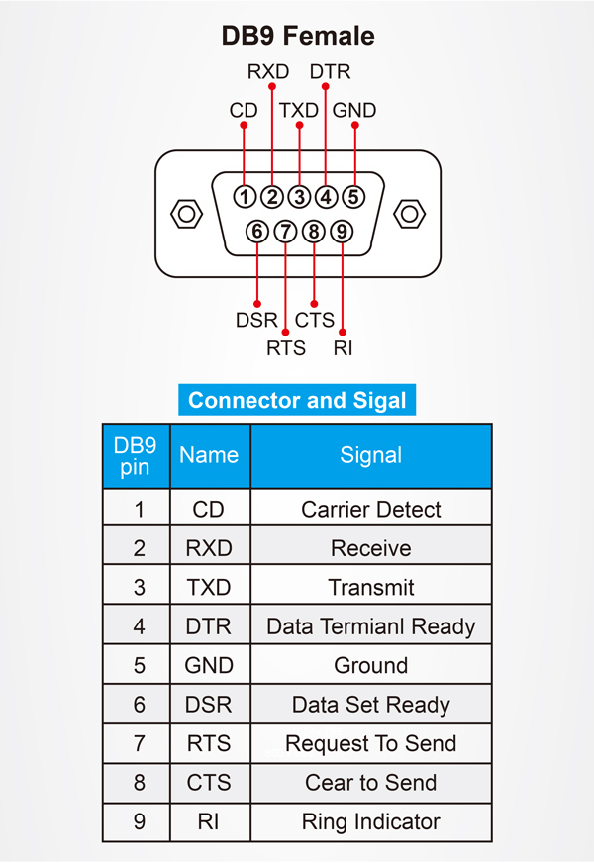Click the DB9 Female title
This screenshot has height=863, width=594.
[x=298, y=37]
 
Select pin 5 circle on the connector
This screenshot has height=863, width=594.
[x=353, y=196]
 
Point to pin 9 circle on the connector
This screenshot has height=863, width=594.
[x=342, y=232]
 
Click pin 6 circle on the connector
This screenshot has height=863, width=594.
[x=257, y=232]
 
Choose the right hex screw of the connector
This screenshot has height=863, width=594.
[x=409, y=213]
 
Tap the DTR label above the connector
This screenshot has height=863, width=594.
[x=330, y=72]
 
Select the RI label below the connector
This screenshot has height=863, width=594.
[x=344, y=347]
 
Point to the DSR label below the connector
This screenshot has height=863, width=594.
[x=256, y=321]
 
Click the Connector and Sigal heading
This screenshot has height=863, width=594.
[x=297, y=400]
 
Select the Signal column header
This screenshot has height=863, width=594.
[x=371, y=455]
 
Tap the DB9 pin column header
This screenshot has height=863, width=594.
[x=136, y=455]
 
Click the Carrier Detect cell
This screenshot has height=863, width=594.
[x=371, y=510]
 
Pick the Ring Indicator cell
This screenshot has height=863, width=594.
[x=371, y=822]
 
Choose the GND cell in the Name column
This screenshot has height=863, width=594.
[x=209, y=666]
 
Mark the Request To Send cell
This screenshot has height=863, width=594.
[x=371, y=744]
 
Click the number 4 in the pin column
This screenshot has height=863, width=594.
[x=139, y=626]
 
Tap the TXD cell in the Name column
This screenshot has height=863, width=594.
[x=209, y=588]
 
